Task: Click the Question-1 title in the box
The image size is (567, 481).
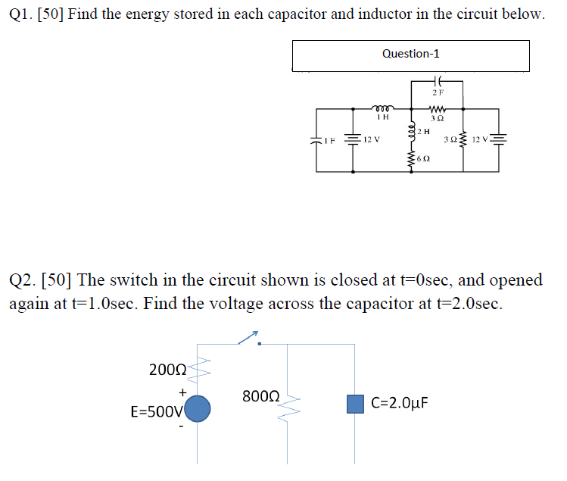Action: [410, 54]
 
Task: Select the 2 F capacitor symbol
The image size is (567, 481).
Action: [438, 83]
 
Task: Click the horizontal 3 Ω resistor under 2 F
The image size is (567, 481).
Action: [438, 109]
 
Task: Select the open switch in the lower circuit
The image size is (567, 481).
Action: [250, 339]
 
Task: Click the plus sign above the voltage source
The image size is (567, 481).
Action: [182, 392]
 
